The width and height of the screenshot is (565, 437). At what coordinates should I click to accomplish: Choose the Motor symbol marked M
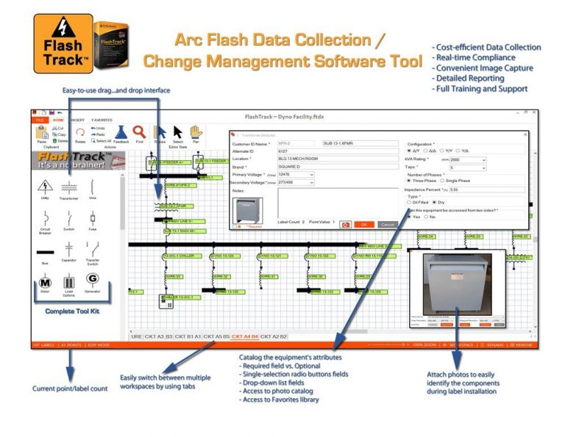(x=44, y=281)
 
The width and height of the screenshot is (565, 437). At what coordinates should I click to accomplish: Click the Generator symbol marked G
(x=93, y=280)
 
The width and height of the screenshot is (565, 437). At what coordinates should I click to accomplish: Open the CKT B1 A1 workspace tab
(x=188, y=336)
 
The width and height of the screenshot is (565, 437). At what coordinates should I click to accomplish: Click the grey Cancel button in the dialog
(x=387, y=224)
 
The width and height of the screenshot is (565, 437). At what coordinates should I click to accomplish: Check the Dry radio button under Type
(x=434, y=202)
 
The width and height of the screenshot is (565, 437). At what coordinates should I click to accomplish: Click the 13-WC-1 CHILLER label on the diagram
(x=177, y=256)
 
